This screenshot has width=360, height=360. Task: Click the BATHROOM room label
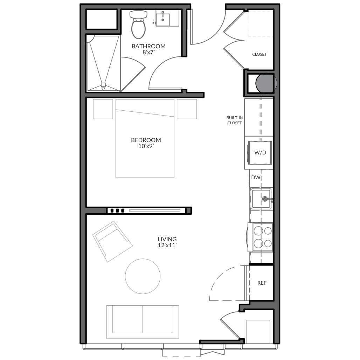148,46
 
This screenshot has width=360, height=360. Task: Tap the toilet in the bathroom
138,24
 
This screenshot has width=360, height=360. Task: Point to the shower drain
103,85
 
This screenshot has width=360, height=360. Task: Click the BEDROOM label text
146,140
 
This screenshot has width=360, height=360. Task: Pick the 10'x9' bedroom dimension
146,146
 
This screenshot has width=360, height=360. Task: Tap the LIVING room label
167,239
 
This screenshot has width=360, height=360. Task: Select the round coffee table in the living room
143,276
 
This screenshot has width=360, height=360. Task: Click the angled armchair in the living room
112,242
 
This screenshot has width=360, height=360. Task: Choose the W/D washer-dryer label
260,153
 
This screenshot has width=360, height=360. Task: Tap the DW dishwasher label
256,178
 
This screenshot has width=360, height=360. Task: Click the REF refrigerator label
262,283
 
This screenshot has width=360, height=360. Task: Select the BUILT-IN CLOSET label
234,120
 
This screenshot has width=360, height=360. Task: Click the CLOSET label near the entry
259,54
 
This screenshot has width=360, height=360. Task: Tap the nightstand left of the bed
103,109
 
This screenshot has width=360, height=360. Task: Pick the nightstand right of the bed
187,109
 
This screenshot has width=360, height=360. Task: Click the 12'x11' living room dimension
167,245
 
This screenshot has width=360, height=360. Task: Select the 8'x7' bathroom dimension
148,52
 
